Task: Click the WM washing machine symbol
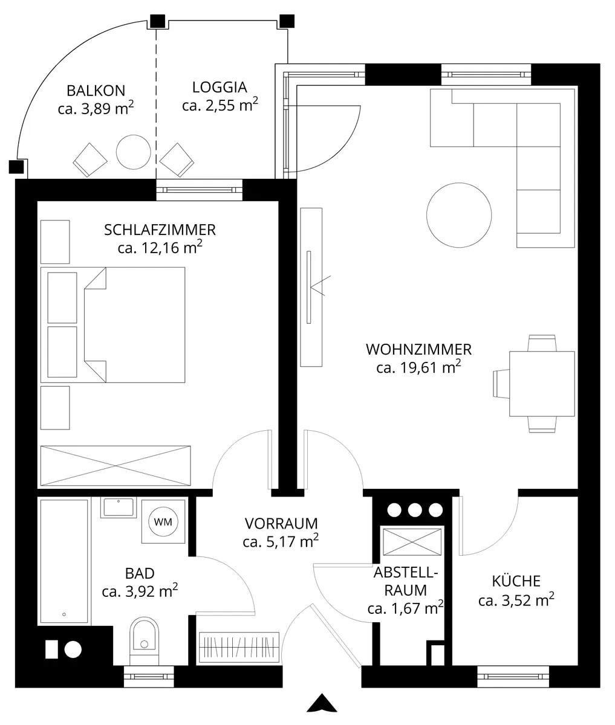click(163, 521)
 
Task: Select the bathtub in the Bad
click(64, 561)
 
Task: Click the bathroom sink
click(119, 507)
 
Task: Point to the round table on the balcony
click(134, 152)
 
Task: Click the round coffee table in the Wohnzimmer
click(459, 215)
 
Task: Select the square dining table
click(542, 384)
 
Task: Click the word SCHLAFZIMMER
click(160, 230)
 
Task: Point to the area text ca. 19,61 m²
click(418, 367)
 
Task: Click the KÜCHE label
click(516, 581)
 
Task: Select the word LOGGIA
click(220, 88)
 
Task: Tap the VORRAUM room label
click(281, 524)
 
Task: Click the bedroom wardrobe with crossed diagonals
click(116, 466)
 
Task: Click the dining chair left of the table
click(501, 384)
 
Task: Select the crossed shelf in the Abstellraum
click(412, 542)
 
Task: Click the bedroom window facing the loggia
click(199, 190)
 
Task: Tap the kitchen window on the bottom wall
click(513, 676)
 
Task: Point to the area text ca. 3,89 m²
click(96, 108)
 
